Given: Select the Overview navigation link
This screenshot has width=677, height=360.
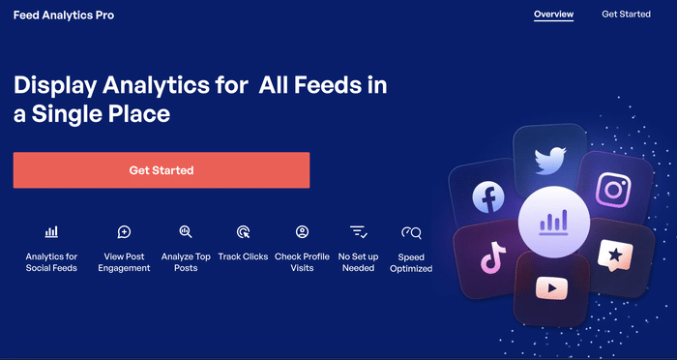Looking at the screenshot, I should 553,15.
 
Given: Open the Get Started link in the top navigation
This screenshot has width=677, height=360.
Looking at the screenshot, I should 626,15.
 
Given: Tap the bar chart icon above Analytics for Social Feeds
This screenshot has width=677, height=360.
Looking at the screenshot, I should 51,232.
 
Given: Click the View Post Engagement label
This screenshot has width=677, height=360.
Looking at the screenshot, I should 124,262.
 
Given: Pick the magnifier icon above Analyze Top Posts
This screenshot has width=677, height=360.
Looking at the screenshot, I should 186,231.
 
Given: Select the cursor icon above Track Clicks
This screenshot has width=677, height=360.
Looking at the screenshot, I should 243,232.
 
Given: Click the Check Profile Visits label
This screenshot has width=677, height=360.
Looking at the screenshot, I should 302,262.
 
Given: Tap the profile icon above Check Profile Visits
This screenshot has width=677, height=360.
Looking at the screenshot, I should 302,232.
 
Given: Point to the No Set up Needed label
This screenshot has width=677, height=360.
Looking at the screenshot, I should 358,262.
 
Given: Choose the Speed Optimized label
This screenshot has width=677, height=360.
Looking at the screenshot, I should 411,262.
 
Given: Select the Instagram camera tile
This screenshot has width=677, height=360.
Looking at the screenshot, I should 612,189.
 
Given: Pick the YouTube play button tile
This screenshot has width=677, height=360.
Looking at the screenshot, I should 551,287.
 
